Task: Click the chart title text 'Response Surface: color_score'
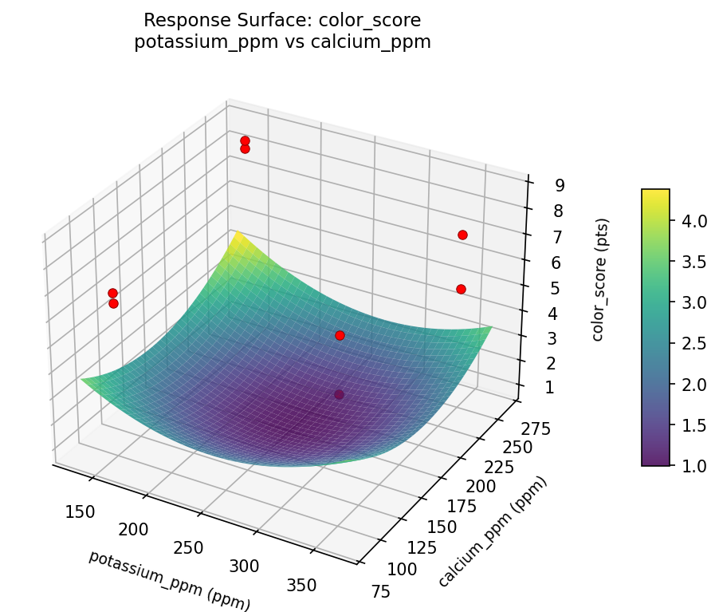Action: (x=282, y=19)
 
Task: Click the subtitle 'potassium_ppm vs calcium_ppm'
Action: (x=282, y=42)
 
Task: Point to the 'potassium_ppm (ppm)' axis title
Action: (x=169, y=580)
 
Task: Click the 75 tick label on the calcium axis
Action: (x=379, y=590)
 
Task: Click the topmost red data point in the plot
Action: (x=245, y=141)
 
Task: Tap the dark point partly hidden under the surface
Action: (x=339, y=394)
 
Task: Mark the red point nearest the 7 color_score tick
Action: (x=462, y=235)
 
